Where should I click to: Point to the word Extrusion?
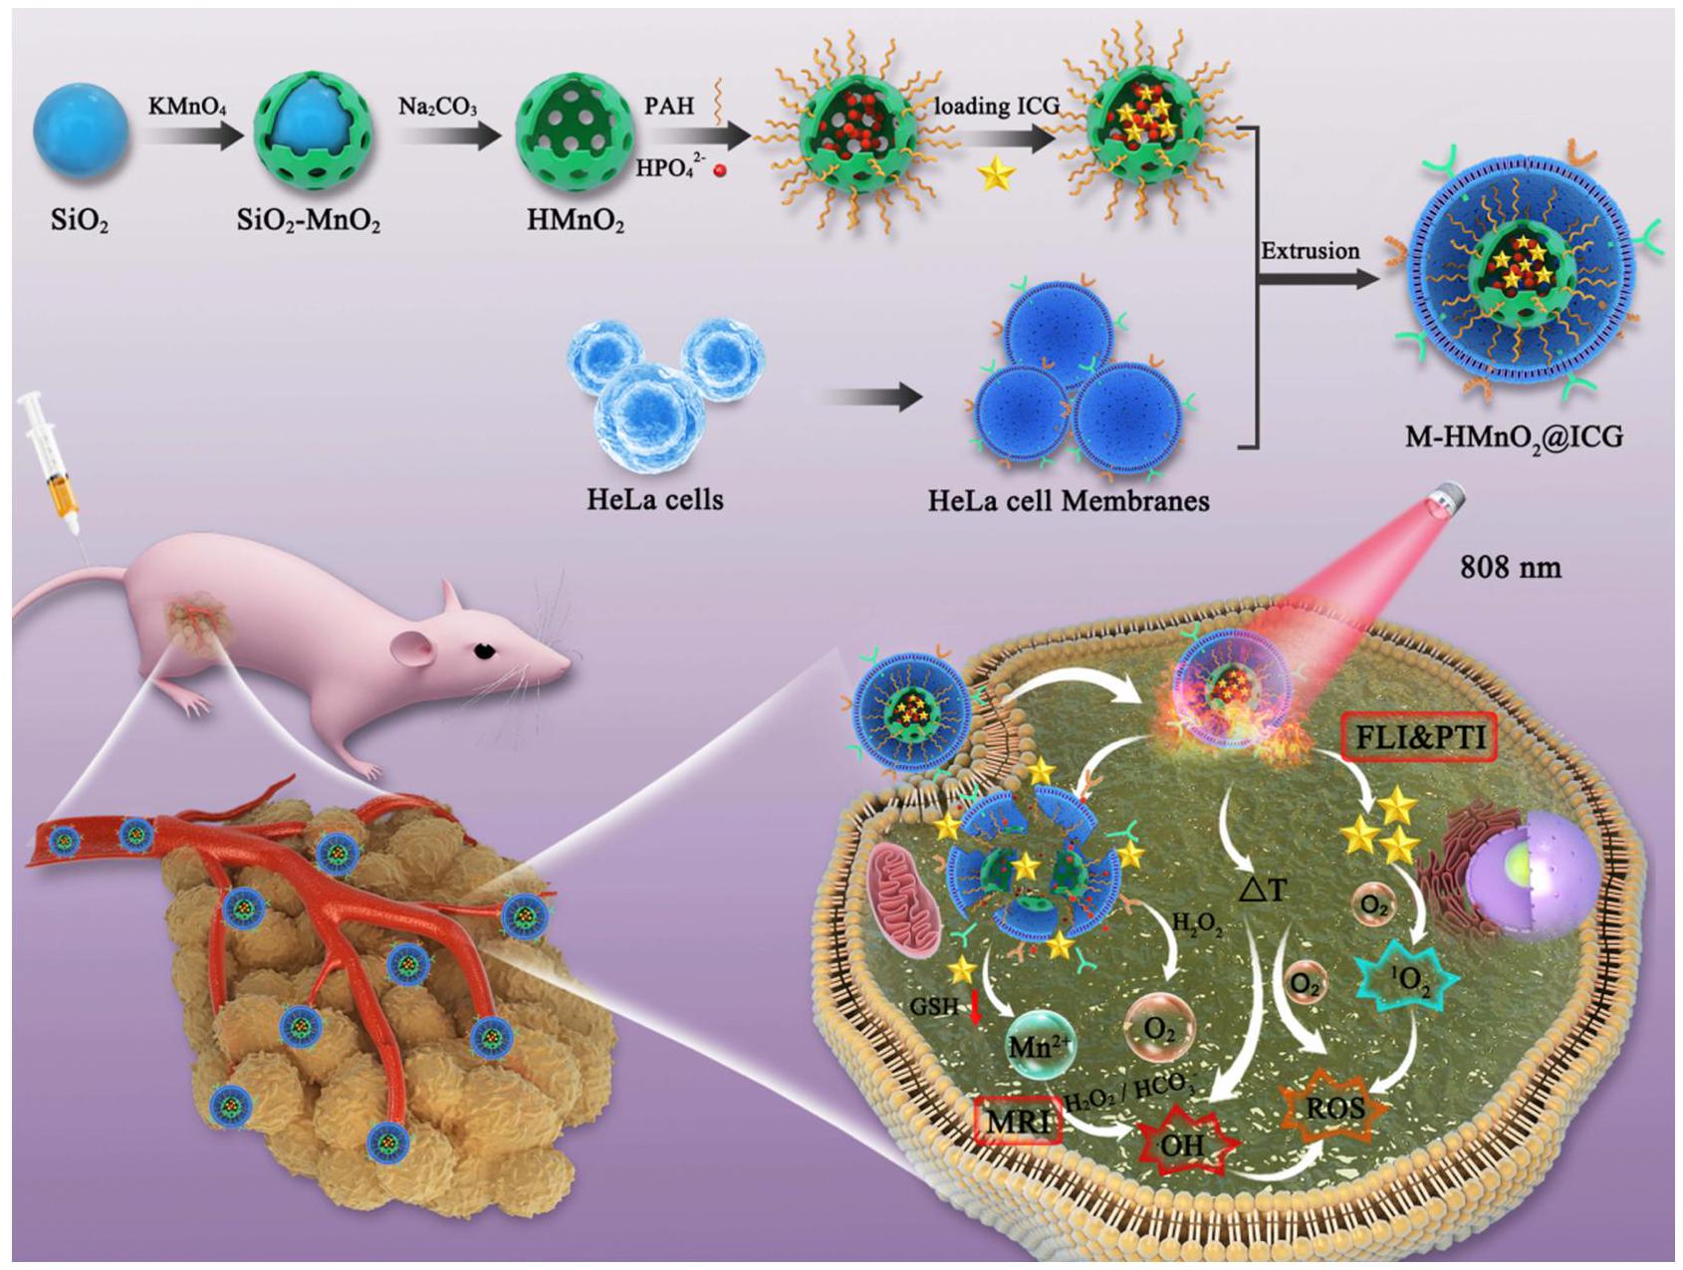point(1310,251)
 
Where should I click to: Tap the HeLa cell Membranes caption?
point(1069,499)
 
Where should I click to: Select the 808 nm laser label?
point(1510,568)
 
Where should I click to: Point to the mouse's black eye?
point(485,650)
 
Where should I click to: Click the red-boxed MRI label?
point(1018,1125)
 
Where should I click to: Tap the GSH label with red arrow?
point(942,1006)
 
